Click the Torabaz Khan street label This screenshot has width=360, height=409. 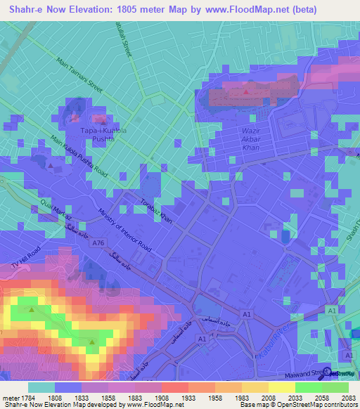coord(157,212)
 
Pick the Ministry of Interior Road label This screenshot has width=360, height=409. coord(124,231)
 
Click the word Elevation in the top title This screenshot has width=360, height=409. coord(91,10)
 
